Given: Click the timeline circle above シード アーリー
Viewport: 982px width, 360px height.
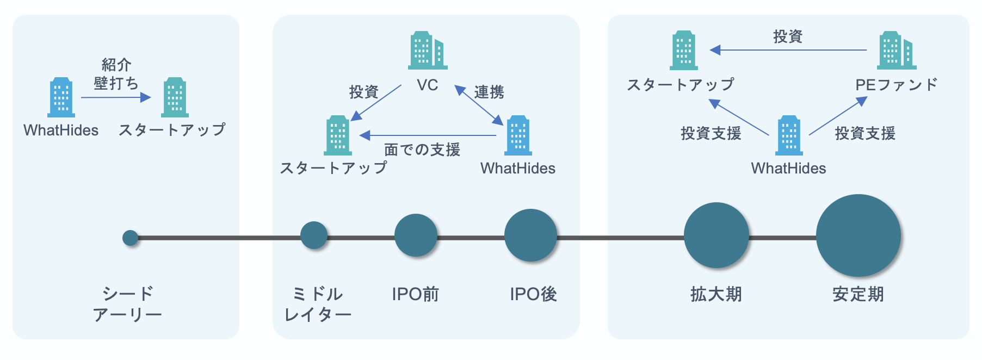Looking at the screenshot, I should pyautogui.click(x=130, y=238).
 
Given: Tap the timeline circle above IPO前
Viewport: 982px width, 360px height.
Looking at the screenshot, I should pyautogui.click(x=416, y=235).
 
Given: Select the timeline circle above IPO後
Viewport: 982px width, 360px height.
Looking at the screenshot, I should pyautogui.click(x=530, y=235).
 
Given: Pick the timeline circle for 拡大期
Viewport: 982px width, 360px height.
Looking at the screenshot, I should pyautogui.click(x=716, y=235).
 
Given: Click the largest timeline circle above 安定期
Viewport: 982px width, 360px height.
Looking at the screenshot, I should pyautogui.click(x=858, y=235).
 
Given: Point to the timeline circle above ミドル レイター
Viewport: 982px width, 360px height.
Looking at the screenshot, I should pyautogui.click(x=314, y=235).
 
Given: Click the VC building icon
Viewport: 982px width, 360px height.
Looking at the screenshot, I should pyautogui.click(x=428, y=50).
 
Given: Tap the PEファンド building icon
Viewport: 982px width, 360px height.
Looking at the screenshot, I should pyautogui.click(x=896, y=50).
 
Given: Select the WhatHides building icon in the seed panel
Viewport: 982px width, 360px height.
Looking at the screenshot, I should pyautogui.click(x=61, y=97).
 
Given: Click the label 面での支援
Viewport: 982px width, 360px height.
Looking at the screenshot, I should pyautogui.click(x=422, y=150).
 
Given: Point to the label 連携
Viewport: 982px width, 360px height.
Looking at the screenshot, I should pyautogui.click(x=489, y=92).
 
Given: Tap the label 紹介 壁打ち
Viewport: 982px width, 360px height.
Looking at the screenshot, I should pyautogui.click(x=116, y=74).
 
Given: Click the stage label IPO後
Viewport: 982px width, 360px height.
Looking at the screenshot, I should pyautogui.click(x=533, y=294).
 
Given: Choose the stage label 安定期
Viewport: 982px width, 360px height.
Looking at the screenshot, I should pyautogui.click(x=858, y=294).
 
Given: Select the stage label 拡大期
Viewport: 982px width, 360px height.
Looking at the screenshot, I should pyautogui.click(x=716, y=294).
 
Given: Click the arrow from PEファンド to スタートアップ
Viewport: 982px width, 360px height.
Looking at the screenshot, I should pyautogui.click(x=789, y=50).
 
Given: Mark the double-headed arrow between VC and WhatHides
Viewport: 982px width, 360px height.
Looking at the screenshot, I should pyautogui.click(x=479, y=105).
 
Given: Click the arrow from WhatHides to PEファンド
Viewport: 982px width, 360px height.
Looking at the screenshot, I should pyautogui.click(x=838, y=116).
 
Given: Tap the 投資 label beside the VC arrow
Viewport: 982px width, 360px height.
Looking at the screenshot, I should pyautogui.click(x=363, y=92).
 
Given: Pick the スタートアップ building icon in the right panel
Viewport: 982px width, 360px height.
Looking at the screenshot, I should pyautogui.click(x=683, y=50).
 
